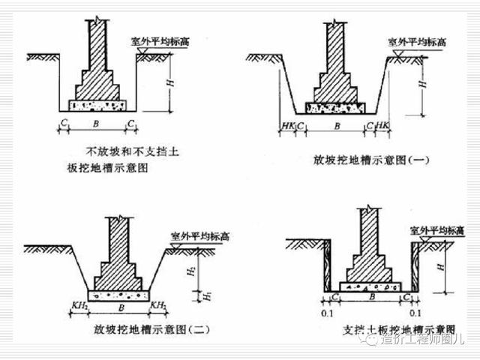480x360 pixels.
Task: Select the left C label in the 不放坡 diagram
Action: coord(64,122)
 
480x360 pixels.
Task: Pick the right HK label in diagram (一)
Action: coord(382,124)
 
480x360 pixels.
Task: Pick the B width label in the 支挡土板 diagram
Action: coord(370,298)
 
